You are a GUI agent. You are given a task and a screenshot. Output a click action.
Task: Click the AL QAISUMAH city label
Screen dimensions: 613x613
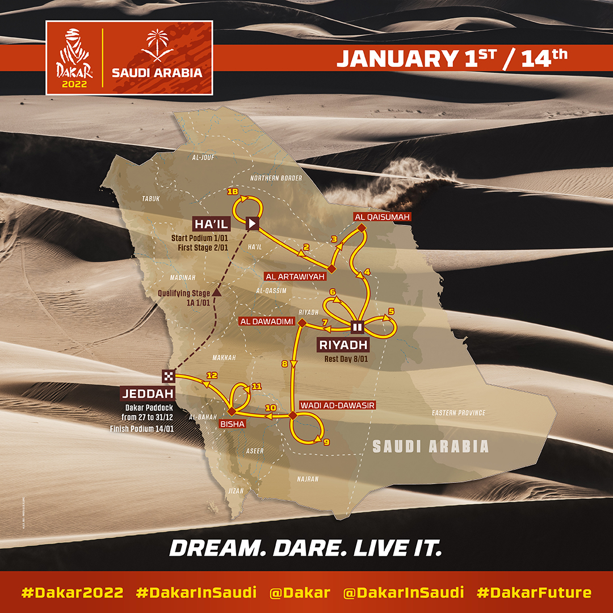point(381,216)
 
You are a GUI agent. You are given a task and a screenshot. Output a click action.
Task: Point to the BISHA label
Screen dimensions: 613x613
point(237,423)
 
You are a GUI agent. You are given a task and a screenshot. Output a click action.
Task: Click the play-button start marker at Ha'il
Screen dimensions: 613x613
point(253,223)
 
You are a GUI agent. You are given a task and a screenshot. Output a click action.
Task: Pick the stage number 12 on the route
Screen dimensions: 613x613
point(212,375)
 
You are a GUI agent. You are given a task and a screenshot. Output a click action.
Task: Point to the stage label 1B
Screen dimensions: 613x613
point(232,192)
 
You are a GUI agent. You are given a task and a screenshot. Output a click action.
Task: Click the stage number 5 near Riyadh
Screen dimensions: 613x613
point(391,311)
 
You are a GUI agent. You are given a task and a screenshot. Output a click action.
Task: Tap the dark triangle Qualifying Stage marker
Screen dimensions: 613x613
point(216,293)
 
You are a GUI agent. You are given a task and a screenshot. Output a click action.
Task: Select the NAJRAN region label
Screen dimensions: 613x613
point(308,479)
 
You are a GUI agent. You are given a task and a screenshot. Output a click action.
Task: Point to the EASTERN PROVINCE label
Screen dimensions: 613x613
point(458,413)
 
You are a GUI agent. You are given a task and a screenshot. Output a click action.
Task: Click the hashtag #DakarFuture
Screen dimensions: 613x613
point(534,593)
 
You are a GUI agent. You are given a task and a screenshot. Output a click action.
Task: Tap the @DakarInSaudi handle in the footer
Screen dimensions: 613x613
point(404,593)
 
